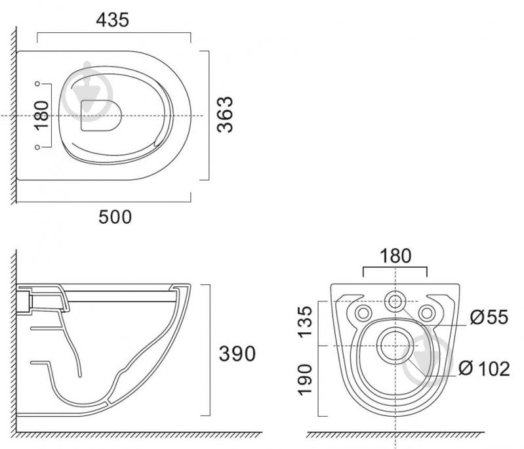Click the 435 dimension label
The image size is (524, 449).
click(x=112, y=20)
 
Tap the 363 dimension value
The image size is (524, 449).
click(x=225, y=114)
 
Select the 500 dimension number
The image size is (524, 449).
click(x=115, y=217)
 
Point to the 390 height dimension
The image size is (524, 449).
click(x=237, y=353)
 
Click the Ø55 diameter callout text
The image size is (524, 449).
click(x=489, y=317)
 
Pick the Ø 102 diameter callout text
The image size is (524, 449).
click(x=484, y=368)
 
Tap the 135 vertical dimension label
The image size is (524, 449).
click(x=305, y=322)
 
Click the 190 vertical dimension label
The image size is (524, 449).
click(x=305, y=379)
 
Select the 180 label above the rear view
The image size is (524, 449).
click(x=395, y=255)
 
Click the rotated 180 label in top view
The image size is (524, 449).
click(x=41, y=116)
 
